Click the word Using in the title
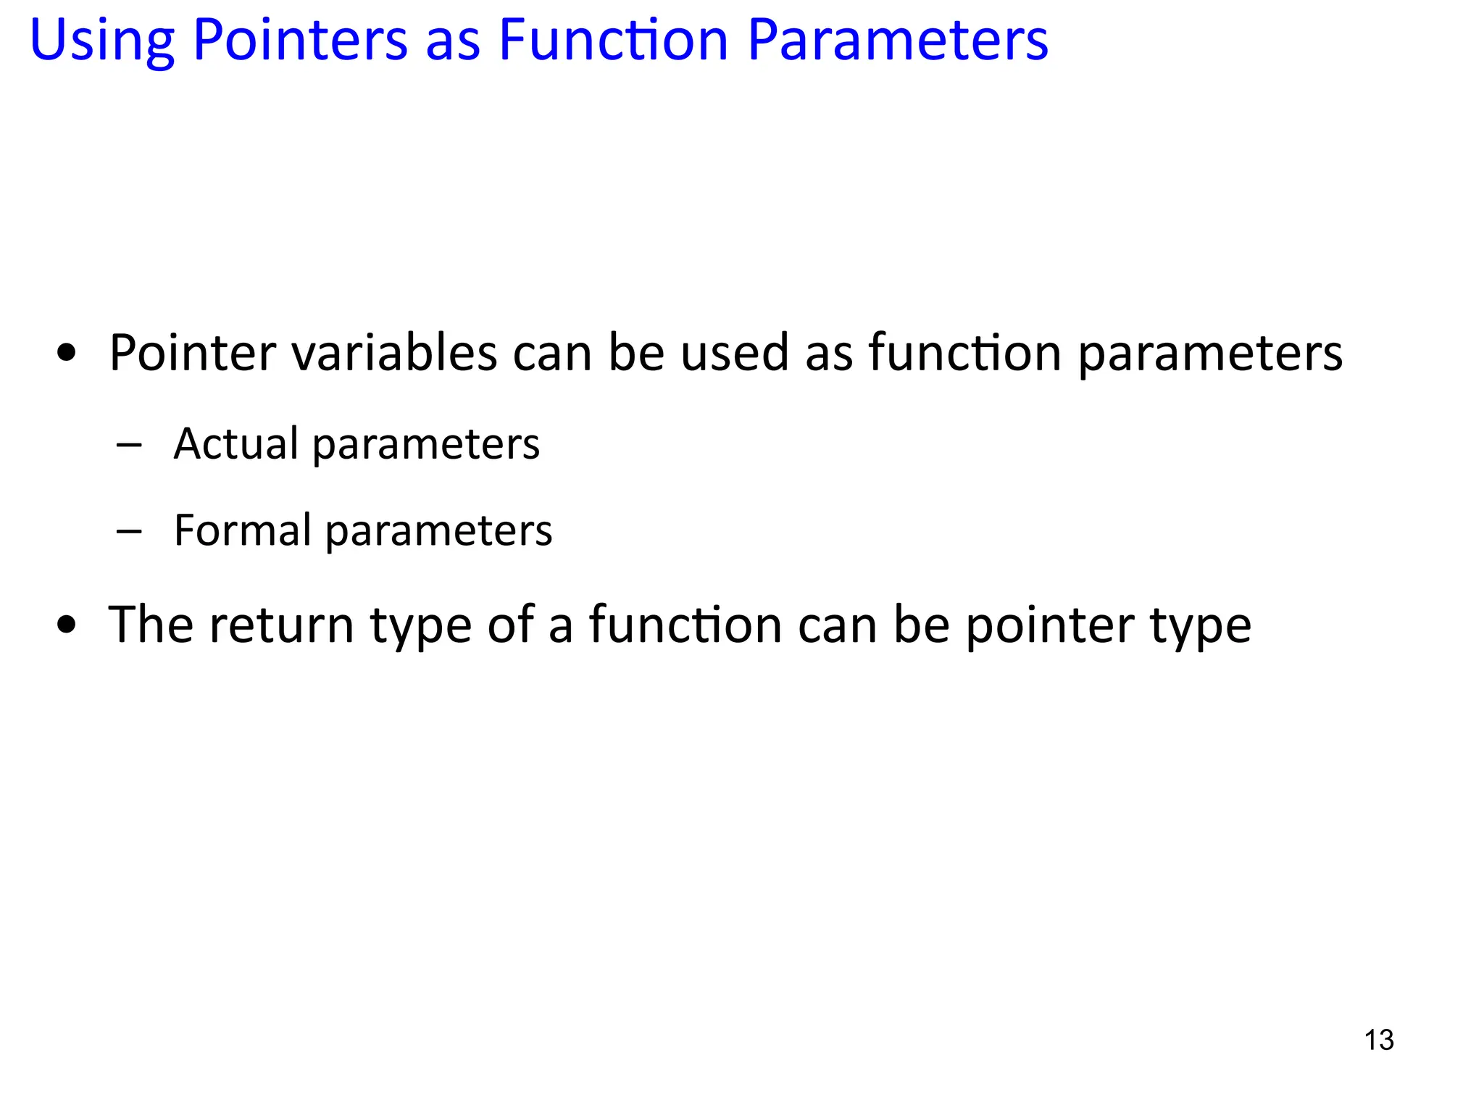coord(101,41)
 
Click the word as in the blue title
coord(453,42)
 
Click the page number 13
coord(1379,1040)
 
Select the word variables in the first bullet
coord(394,353)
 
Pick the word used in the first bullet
coord(735,353)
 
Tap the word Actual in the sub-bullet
coord(235,443)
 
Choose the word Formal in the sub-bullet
coord(242,530)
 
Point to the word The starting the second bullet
coord(151,625)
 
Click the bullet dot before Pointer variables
coord(67,354)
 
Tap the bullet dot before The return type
coord(67,625)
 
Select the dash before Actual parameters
coord(128,445)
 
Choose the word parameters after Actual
coord(426,445)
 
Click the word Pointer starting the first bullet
coord(193,353)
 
